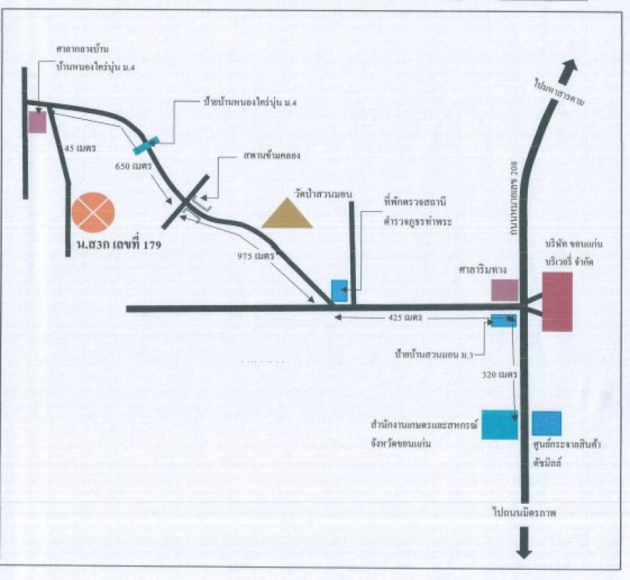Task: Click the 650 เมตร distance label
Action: coord(133,166)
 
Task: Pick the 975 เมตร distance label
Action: coord(255,256)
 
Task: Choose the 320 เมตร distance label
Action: coord(499,376)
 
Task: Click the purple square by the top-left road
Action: coord(37,122)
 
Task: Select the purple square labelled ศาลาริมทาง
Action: coord(505,290)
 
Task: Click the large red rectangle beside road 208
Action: coord(558,302)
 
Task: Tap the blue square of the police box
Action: coord(339,290)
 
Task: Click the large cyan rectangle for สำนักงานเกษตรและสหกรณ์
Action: coord(500,425)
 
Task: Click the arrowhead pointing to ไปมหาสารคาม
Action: coord(569,70)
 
